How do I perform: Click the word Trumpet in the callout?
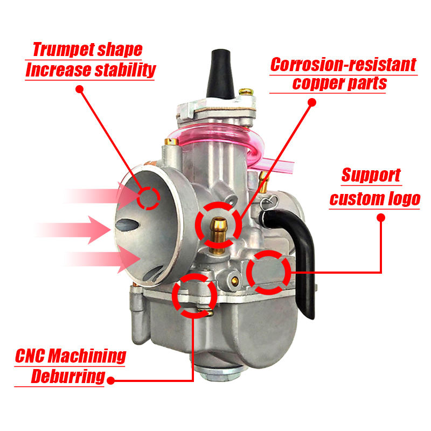point(64,50)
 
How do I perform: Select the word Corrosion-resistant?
point(343,65)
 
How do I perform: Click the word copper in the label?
point(315,83)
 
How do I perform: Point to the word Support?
point(371,175)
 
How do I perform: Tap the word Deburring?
point(67,376)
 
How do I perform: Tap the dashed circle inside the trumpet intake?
point(148,198)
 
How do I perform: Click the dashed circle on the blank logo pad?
point(269,273)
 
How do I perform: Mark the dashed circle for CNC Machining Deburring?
point(194,295)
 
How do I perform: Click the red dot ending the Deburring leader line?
point(110,380)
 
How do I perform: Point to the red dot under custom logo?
point(381,218)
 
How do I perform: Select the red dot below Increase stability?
point(80,88)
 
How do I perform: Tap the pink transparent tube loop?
point(226,140)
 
